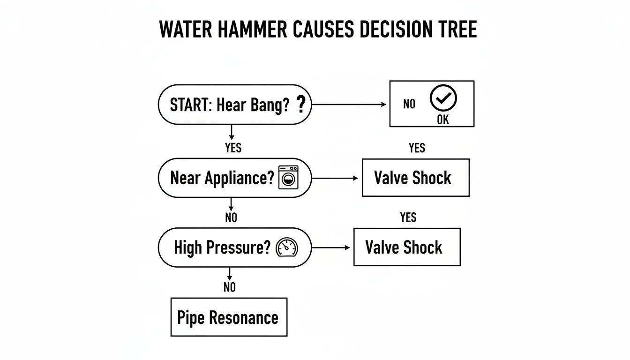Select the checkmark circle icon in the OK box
pos(443,98)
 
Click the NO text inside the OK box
pos(409,105)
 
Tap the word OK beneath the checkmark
pos(442,120)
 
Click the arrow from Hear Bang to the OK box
pos(349,105)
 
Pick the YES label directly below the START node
pos(233,148)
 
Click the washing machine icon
pos(288,177)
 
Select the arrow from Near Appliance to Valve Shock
pos(335,178)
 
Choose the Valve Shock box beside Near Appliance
pos(415,178)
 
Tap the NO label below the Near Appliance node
pos(231,217)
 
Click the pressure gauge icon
pos(287,247)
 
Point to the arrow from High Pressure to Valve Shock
pos(330,247)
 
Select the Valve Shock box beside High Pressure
pos(406,247)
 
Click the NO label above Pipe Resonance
pos(229,287)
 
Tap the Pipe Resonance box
pos(228,317)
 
